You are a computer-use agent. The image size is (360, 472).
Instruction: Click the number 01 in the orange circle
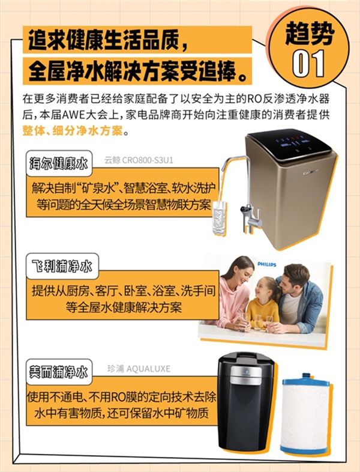pos(308,64)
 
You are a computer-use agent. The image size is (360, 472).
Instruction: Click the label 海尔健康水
pos(59,163)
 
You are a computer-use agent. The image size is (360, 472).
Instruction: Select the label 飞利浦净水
pos(62,267)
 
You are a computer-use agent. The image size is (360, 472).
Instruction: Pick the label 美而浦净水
pos(59,372)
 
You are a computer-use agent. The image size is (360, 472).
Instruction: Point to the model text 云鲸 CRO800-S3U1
pos(139,160)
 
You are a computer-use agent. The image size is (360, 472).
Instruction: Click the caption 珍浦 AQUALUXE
pos(139,369)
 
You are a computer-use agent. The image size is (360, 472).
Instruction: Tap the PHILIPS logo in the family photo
pos(266,264)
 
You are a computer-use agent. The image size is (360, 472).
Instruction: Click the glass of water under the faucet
pos(219,217)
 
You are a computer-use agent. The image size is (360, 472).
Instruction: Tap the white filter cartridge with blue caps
pos(305,414)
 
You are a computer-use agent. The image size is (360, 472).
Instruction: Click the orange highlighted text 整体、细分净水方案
pos(73,131)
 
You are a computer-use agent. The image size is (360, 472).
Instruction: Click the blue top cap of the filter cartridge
pos(305,380)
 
